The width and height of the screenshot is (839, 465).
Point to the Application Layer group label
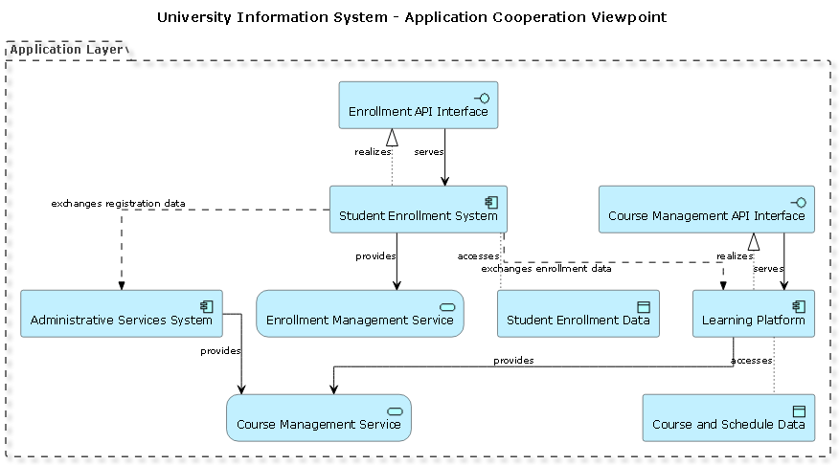(x=66, y=49)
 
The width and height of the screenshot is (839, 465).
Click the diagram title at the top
(x=412, y=17)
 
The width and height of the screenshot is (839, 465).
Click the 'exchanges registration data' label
(x=118, y=203)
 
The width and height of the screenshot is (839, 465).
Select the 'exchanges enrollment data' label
(x=546, y=269)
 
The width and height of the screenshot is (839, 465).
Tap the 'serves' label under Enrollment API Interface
(x=428, y=151)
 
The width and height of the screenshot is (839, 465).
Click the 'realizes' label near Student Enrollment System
(x=373, y=151)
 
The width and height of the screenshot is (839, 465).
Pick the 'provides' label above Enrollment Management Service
(x=375, y=255)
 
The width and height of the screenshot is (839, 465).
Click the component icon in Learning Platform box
(x=798, y=306)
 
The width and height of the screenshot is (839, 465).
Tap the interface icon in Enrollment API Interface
(x=481, y=98)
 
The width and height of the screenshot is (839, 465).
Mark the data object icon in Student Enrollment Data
(x=644, y=306)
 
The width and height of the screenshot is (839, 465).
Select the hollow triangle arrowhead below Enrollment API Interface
(x=392, y=137)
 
